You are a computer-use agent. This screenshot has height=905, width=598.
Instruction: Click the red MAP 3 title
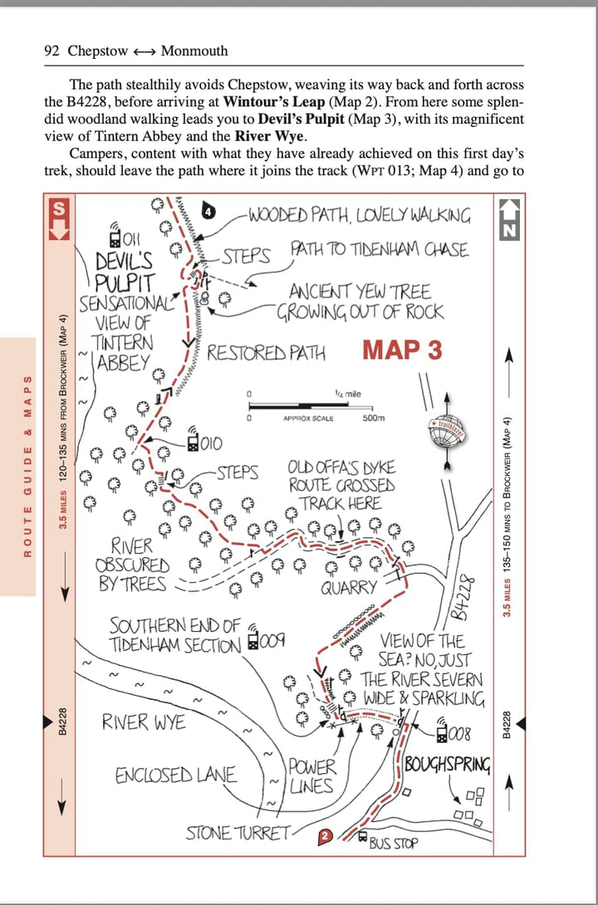click(402, 350)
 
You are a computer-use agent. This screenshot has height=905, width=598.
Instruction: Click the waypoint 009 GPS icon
click(252, 637)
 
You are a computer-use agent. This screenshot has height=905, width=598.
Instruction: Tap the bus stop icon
click(362, 836)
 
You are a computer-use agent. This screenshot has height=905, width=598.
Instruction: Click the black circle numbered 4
click(209, 213)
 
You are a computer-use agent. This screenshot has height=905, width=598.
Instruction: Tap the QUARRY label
click(350, 589)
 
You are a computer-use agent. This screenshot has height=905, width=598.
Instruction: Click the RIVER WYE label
click(144, 722)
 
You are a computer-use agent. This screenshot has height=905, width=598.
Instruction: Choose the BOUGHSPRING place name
click(448, 766)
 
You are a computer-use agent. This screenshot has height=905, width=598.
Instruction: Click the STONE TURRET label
click(238, 833)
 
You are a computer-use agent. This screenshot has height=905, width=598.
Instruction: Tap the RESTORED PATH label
click(266, 352)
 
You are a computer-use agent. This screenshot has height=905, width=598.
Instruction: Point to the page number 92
click(53, 51)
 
